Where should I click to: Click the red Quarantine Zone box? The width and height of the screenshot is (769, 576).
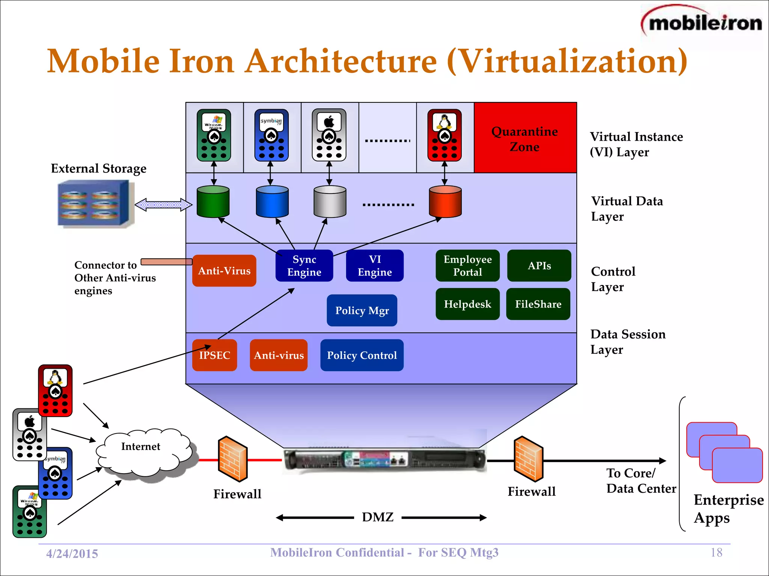click(525, 138)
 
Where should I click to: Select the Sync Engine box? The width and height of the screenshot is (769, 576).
click(304, 265)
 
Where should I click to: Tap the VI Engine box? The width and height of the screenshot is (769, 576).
click(374, 265)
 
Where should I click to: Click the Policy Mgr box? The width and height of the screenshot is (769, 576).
click(362, 310)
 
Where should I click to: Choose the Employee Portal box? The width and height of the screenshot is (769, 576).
click(467, 265)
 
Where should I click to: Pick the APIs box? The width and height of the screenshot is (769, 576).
click(539, 265)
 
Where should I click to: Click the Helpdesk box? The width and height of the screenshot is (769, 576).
click(467, 304)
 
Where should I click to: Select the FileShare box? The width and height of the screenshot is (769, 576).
click(538, 304)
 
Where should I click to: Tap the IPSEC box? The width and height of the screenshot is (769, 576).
click(214, 355)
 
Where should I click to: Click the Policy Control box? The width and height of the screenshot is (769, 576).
click(362, 355)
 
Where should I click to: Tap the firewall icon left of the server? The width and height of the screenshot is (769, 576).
click(232, 459)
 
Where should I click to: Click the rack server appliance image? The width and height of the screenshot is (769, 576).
click(384, 459)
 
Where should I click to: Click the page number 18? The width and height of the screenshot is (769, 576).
click(716, 552)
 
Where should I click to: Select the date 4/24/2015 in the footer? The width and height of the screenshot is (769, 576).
click(72, 553)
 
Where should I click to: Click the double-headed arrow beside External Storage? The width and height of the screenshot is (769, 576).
click(163, 205)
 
